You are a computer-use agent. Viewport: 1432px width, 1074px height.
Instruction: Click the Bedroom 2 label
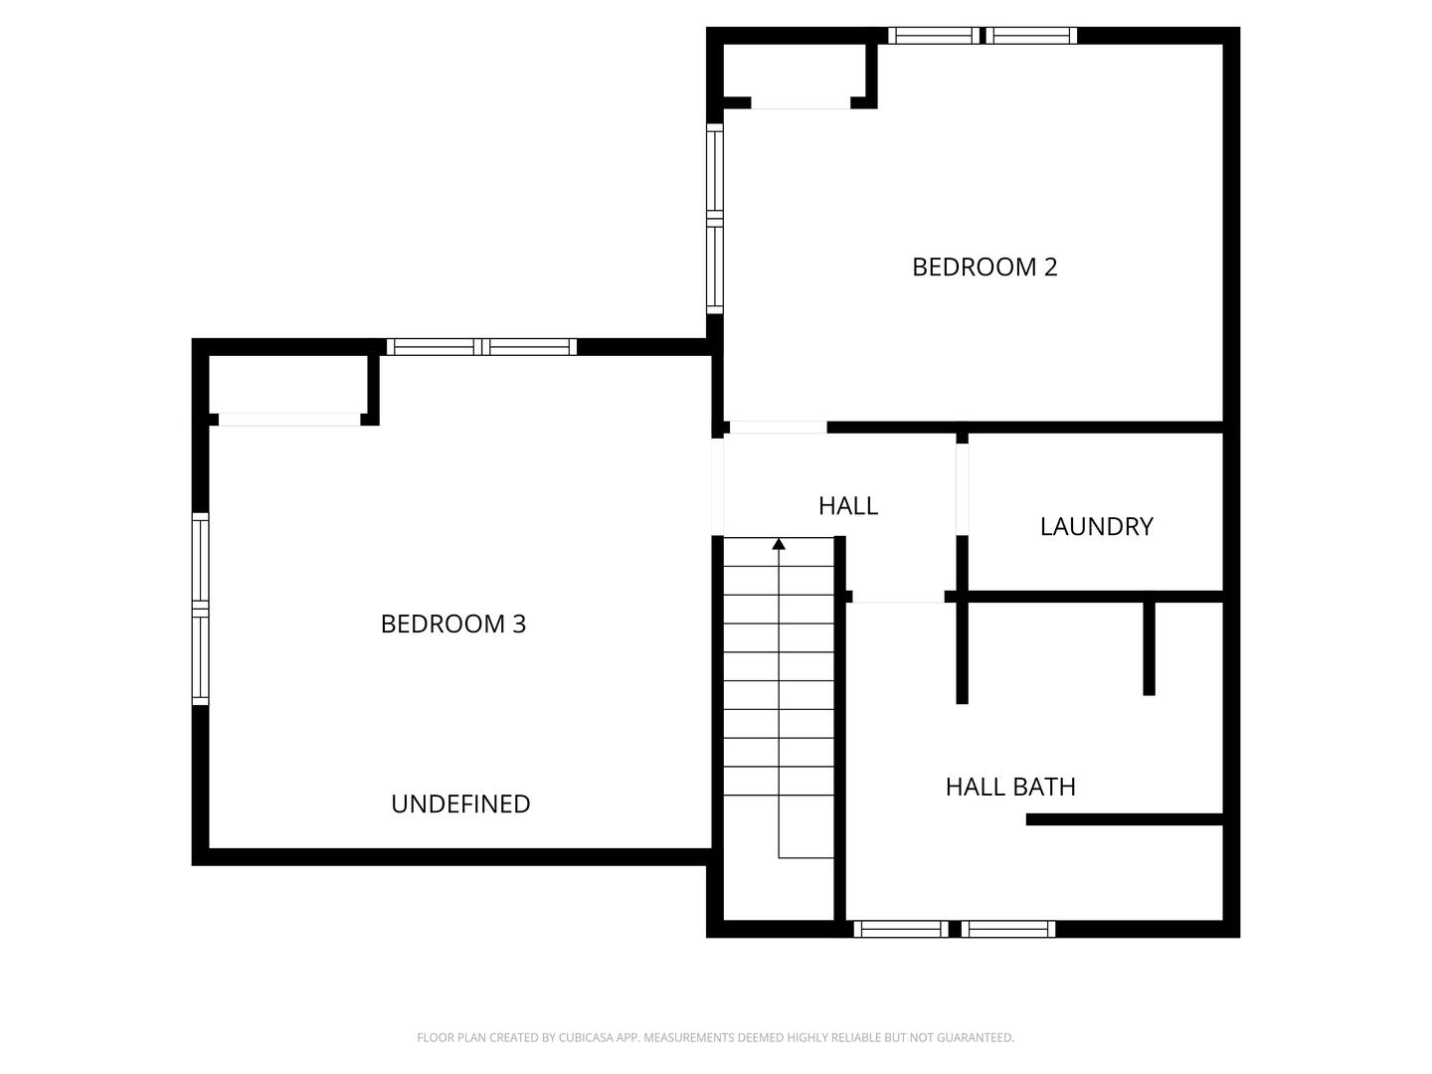(x=984, y=267)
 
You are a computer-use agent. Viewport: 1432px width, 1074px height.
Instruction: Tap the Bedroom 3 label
(x=452, y=624)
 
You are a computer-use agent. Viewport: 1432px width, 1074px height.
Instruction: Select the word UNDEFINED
(x=460, y=804)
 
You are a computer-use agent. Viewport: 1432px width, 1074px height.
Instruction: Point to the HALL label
(x=847, y=505)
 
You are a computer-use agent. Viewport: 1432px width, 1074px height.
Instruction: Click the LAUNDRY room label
(x=1096, y=526)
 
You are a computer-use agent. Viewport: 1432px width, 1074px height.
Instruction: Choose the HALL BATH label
(x=1010, y=787)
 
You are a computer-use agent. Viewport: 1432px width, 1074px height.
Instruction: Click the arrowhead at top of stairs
(x=779, y=544)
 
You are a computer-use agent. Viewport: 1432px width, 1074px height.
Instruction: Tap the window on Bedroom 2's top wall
(x=982, y=36)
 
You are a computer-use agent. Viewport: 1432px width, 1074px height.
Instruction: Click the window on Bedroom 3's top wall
(x=481, y=347)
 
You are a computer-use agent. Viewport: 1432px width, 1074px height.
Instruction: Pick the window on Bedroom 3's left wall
(x=200, y=609)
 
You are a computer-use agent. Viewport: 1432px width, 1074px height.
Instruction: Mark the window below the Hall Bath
(x=954, y=929)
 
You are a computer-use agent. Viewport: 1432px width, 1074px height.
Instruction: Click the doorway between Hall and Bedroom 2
(x=778, y=428)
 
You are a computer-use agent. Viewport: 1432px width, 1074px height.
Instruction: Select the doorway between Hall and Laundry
(x=962, y=488)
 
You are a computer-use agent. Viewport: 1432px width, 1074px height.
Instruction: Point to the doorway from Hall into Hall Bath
(x=898, y=597)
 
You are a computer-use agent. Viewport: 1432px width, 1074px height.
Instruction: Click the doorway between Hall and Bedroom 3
(x=717, y=486)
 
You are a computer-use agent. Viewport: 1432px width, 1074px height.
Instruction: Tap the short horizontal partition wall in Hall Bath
(x=1124, y=819)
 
